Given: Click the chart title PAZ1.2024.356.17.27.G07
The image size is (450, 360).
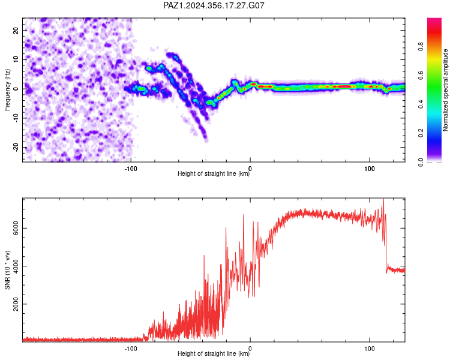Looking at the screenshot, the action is (x=214, y=5).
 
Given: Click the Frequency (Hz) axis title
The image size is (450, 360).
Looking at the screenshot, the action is (x=7, y=90).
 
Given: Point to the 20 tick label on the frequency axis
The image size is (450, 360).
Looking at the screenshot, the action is (x=16, y=30).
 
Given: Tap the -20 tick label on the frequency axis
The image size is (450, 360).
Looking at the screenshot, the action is (x=16, y=148).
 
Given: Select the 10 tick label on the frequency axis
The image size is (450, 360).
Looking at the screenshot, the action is (x=16, y=59).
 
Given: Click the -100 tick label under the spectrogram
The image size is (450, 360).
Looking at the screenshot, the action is (x=131, y=169).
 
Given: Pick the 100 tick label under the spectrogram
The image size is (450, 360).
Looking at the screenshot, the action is (x=370, y=169).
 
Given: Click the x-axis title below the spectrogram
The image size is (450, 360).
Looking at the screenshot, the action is (x=214, y=173).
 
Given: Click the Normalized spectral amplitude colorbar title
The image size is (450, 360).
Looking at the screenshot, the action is (x=445, y=90).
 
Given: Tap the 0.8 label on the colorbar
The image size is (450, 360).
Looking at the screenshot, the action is (x=421, y=47).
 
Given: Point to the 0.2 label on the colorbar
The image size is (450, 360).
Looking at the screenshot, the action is (x=421, y=133).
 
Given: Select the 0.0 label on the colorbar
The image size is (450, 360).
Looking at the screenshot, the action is (x=421, y=162).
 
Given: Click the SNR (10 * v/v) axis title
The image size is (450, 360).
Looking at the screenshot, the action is (x=7, y=270).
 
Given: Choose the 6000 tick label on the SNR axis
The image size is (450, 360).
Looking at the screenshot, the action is (x=16, y=228).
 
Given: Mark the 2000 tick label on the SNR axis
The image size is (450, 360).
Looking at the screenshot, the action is (x=16, y=304).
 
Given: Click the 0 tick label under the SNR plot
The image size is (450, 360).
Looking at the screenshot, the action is (x=250, y=349).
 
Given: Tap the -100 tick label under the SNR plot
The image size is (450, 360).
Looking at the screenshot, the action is (x=131, y=349).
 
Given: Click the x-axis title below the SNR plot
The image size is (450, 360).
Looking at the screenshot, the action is (x=214, y=353).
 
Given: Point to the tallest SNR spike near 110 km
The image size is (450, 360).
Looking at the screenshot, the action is (x=383, y=199).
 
